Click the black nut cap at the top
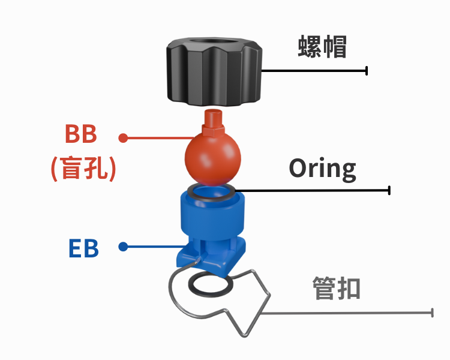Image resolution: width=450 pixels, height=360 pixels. [214, 72]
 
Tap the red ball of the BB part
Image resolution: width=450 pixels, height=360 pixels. [212, 159]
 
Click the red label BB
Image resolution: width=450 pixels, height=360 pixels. [81, 134]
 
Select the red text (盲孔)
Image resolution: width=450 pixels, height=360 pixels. [83, 169]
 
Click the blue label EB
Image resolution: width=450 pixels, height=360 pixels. [83, 248]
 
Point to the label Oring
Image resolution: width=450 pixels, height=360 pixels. [322, 169]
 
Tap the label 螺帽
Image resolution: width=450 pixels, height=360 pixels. [322, 47]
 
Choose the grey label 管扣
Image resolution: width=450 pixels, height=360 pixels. [337, 288]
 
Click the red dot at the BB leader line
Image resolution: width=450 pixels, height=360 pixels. [123, 138]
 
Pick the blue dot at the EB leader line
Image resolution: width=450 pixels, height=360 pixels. [123, 247]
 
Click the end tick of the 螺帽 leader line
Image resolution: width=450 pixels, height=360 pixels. [367, 71]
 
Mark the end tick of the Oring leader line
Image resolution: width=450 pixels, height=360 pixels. [389, 190]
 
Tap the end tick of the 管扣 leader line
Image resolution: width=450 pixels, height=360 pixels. [432, 313]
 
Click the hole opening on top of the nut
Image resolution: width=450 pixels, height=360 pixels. [214, 41]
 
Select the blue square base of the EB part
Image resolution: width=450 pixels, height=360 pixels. [211, 256]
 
